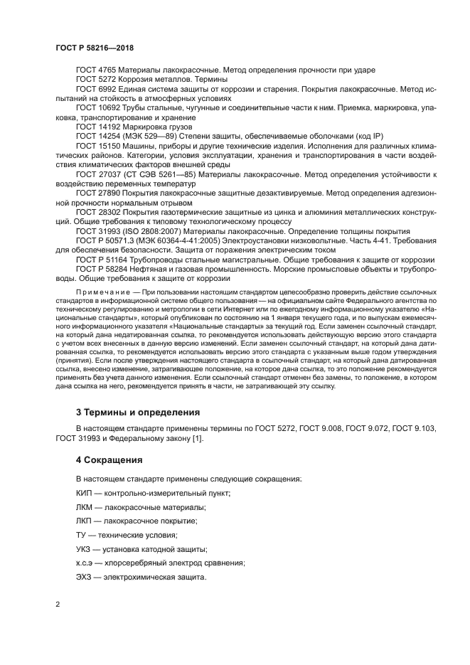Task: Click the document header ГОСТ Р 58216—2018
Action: pyautogui.click(x=95, y=47)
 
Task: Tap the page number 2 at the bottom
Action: pyautogui.click(x=58, y=604)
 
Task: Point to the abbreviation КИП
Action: pyautogui.click(x=84, y=494)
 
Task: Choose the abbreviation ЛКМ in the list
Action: pyautogui.click(x=85, y=507)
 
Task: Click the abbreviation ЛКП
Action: pyautogui.click(x=85, y=521)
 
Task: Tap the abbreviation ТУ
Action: pyautogui.click(x=81, y=535)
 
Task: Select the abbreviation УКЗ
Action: pyautogui.click(x=84, y=548)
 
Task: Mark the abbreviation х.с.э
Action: pyautogui.click(x=85, y=563)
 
